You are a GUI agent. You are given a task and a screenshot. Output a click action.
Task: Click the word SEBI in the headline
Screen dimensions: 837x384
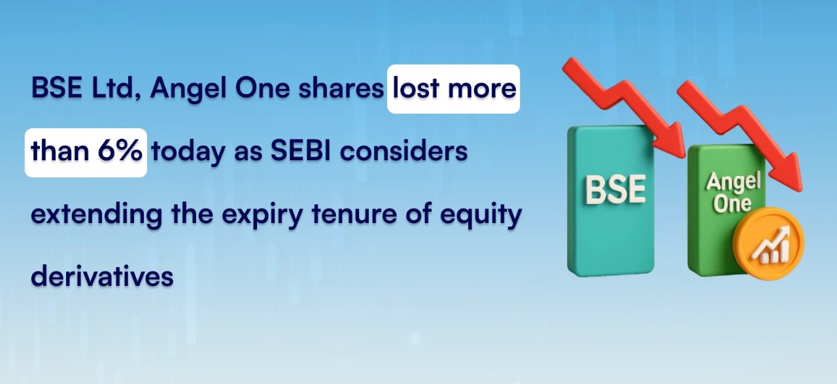pos(300,150)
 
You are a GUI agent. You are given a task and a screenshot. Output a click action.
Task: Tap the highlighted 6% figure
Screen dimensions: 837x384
pos(120,150)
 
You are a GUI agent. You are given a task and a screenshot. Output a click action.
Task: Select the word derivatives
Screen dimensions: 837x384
pos(102,276)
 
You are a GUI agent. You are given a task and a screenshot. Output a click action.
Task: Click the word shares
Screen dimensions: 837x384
pos(341,88)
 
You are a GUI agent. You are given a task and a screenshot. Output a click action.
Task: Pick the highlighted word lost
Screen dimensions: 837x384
pos(415,88)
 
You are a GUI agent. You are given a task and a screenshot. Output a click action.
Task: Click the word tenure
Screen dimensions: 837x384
pos(354,214)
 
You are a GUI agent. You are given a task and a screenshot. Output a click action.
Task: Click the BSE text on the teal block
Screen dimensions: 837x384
pos(615,190)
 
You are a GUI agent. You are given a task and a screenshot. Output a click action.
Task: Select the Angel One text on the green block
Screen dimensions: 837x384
pos(733,192)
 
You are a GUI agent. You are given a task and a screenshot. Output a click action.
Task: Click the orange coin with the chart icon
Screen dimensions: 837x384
pos(768,244)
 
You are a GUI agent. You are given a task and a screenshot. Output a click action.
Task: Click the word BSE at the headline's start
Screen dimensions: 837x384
pos(57,88)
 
